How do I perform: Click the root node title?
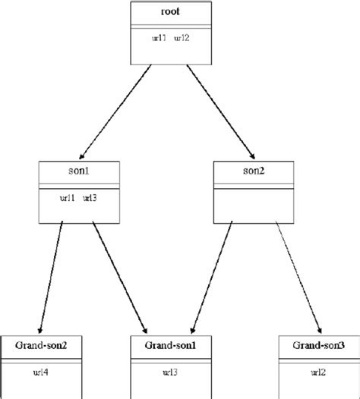[x=171, y=13]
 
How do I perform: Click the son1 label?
[x=80, y=172]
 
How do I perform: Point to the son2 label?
[x=253, y=172]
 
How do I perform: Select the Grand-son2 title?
[x=39, y=345]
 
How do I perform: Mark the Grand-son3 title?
[x=318, y=345]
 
